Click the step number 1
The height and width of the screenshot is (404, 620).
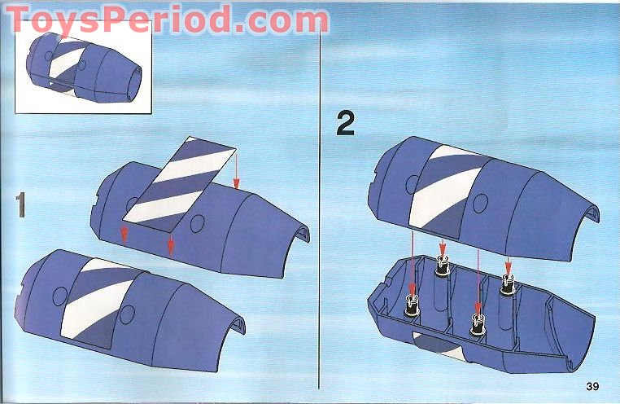tap(20, 204)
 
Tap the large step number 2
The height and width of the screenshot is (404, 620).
tap(345, 124)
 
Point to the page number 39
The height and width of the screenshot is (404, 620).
tap(592, 384)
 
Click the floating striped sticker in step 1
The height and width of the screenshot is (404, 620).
tap(179, 181)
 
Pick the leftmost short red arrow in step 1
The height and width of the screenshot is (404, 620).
tap(124, 234)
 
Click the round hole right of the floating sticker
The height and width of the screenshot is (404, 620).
tap(196, 222)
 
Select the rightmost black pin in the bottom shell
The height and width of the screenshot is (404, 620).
tap(509, 283)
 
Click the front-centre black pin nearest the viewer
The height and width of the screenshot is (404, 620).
tap(477, 324)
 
